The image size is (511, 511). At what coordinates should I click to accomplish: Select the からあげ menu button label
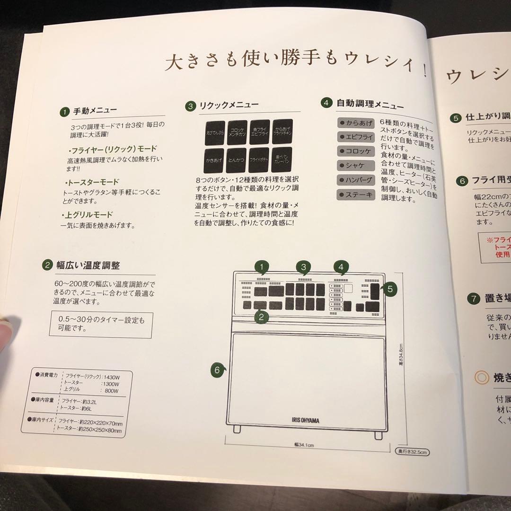[x=356, y=123]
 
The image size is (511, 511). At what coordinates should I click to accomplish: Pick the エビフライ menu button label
[x=356, y=137]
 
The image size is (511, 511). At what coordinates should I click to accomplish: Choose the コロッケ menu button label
[x=356, y=151]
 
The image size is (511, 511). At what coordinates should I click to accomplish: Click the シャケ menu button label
[x=356, y=166]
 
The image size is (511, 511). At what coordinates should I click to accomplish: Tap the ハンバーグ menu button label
[x=356, y=180]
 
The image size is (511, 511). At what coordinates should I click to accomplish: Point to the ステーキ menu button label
[x=356, y=194]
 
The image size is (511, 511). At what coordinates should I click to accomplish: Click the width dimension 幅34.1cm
[x=304, y=445]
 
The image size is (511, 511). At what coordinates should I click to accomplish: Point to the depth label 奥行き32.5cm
[x=412, y=452]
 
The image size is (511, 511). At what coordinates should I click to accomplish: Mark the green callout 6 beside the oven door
[x=218, y=370]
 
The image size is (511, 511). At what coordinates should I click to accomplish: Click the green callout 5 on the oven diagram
[x=389, y=289]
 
